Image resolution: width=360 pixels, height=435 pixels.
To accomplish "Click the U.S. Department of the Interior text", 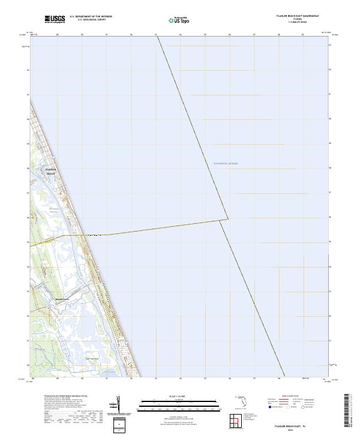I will click(x=91, y=17).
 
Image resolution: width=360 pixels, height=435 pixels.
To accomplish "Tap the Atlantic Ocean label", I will click(x=226, y=163).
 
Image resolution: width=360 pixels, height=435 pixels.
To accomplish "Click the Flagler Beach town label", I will click(x=50, y=172).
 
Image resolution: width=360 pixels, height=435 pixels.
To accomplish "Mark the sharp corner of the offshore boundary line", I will click(x=228, y=218).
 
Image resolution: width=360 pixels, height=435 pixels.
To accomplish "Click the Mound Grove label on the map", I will click(x=63, y=298).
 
